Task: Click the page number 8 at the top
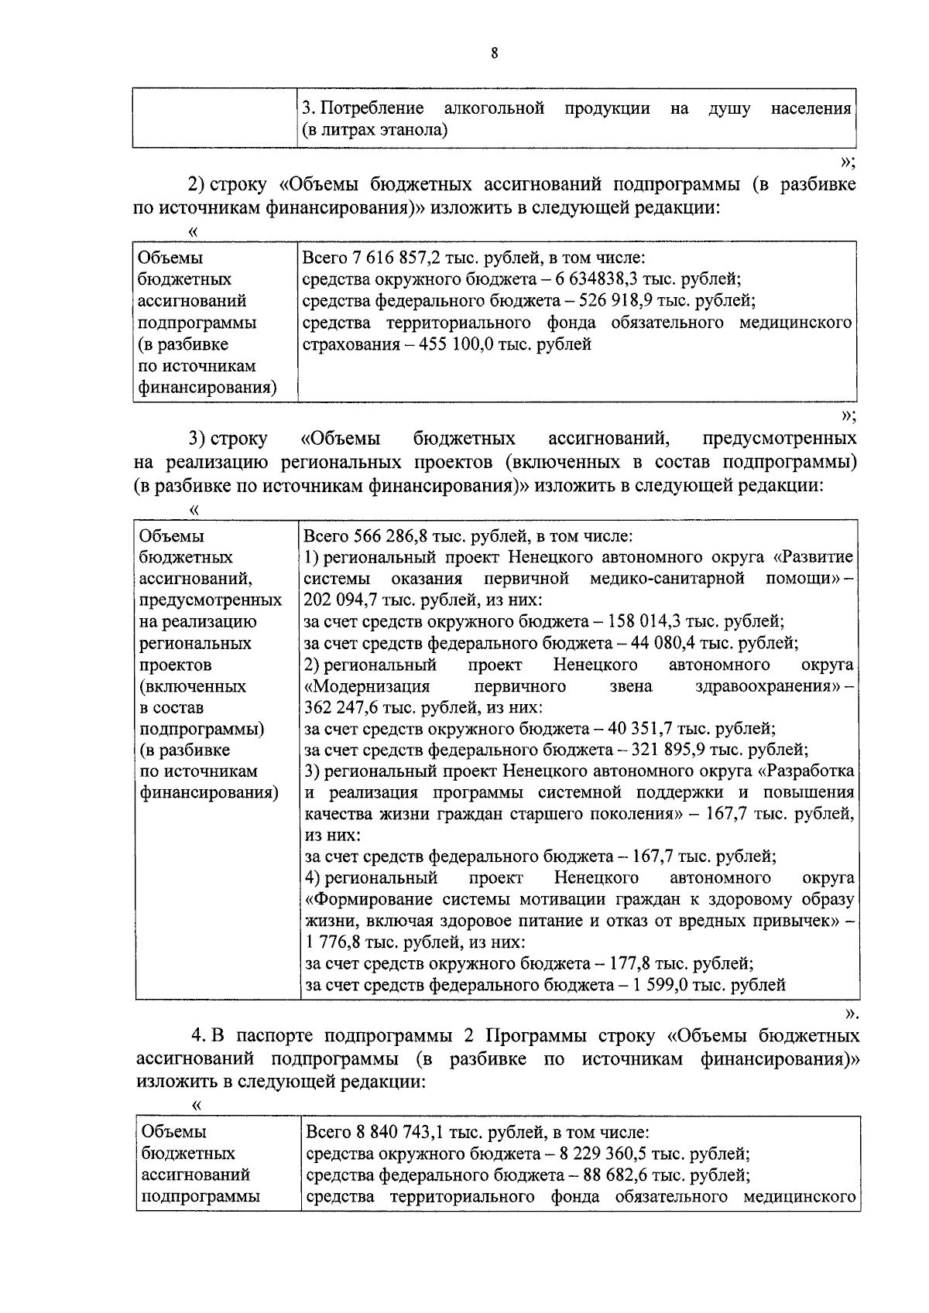pos(494,53)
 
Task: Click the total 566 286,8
pos(389,535)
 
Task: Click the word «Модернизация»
pos(367,686)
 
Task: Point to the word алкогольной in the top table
pos(494,108)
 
